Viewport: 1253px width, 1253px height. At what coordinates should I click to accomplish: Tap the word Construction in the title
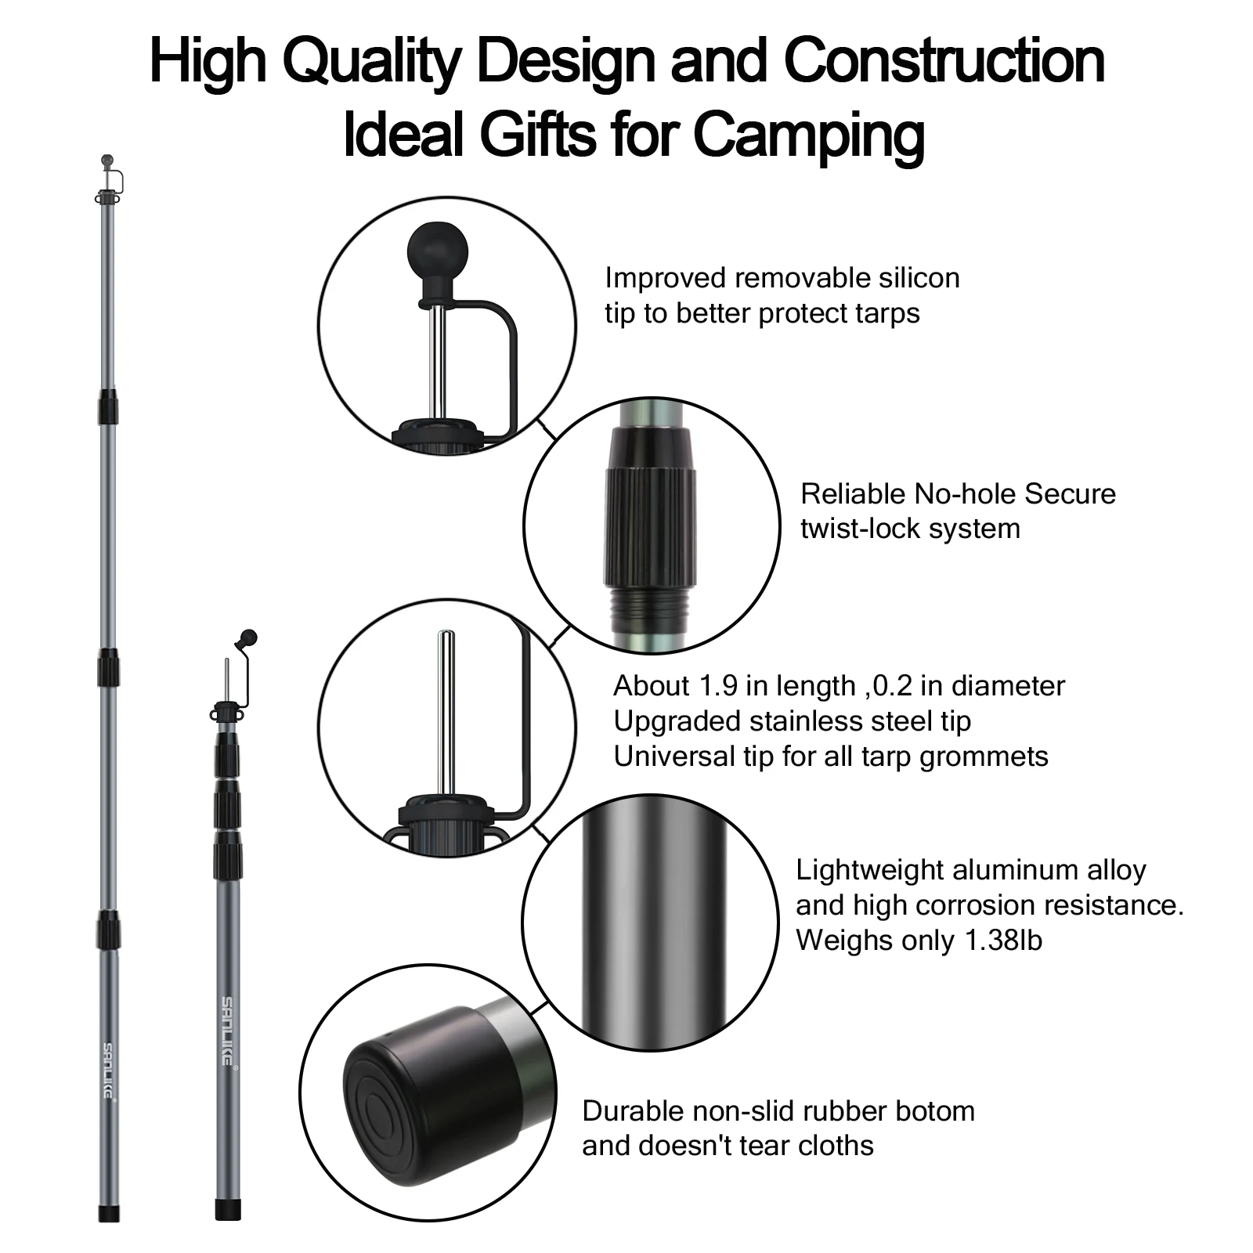point(944,60)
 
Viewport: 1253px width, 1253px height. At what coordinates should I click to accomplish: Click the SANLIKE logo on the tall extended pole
point(108,1069)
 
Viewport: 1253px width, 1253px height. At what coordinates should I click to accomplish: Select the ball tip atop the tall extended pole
point(107,161)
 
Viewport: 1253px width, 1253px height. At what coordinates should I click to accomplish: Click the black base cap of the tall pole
point(109,1213)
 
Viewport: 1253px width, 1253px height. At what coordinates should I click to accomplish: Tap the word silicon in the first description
point(915,278)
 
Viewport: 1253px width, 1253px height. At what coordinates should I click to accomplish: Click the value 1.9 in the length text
point(718,686)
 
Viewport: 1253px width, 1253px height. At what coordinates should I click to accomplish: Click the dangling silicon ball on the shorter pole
point(249,637)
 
